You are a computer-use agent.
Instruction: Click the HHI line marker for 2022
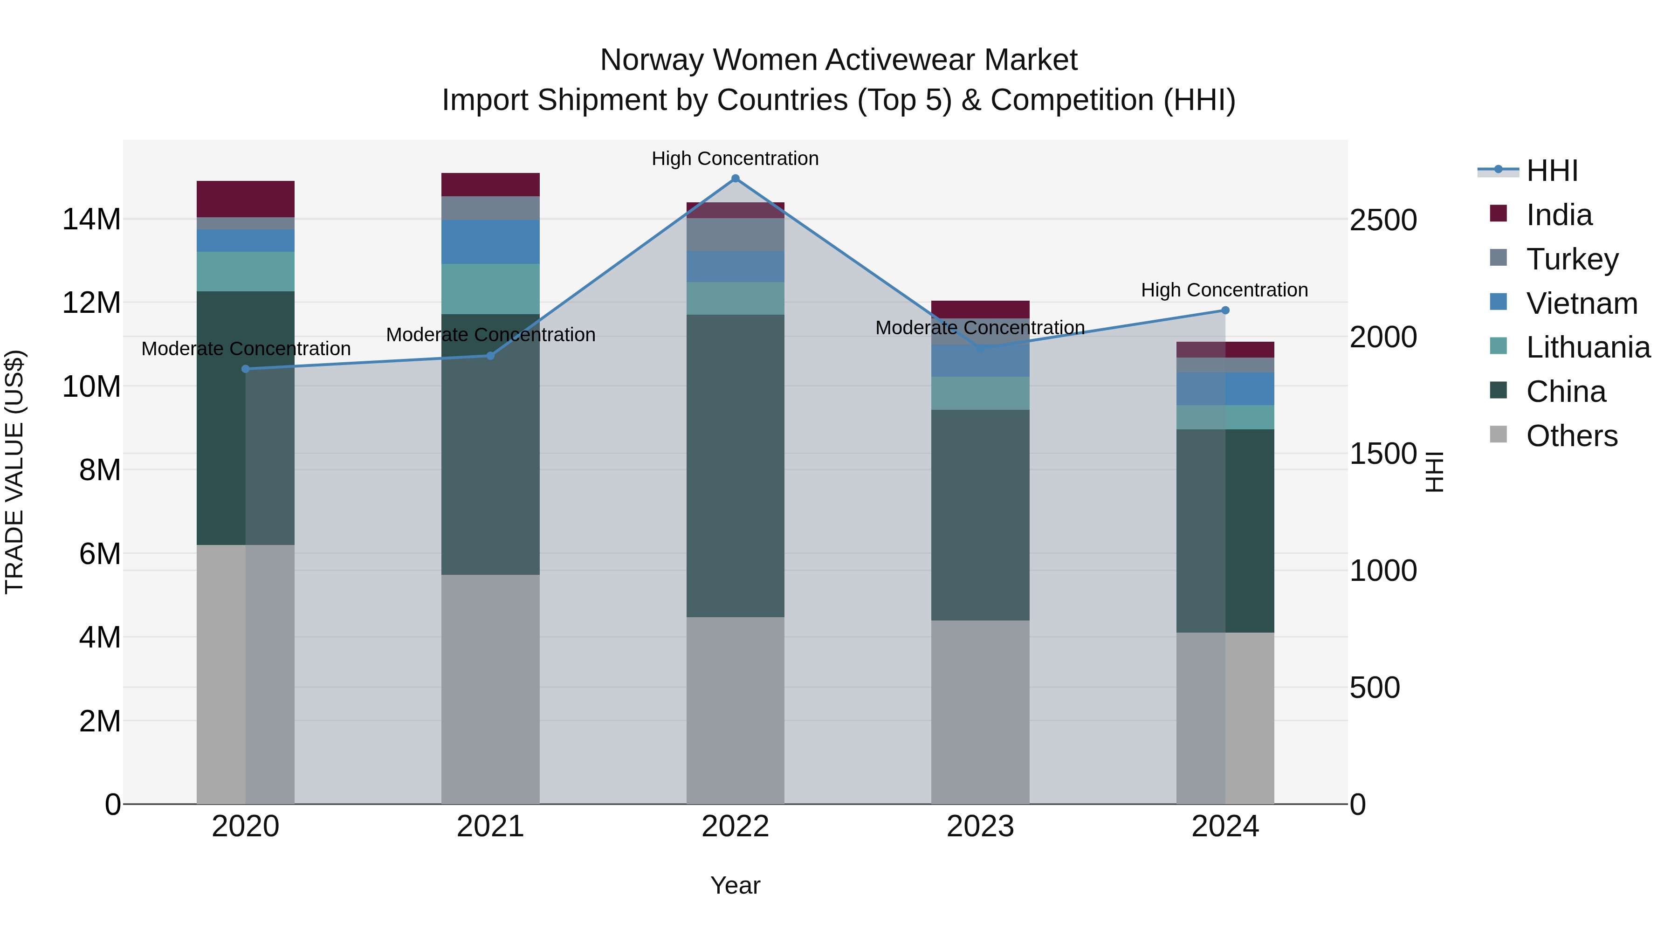coord(736,179)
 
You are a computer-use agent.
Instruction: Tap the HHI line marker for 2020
coord(246,369)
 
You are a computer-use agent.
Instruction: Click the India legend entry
coord(1559,215)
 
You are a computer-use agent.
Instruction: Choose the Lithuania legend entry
coord(1588,347)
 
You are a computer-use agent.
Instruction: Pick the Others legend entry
coord(1572,436)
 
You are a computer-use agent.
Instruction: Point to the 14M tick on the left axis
coord(91,219)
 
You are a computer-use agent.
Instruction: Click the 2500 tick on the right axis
coord(1383,220)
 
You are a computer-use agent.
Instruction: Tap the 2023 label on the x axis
coord(980,827)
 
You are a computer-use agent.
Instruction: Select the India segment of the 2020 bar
coord(246,199)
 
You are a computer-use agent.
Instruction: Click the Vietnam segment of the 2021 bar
coord(490,241)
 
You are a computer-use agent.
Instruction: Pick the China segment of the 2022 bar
coord(736,466)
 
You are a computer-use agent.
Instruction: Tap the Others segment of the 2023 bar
coord(980,711)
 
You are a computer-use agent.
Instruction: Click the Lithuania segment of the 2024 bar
coord(1225,417)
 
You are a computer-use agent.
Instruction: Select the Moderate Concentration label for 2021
coord(490,334)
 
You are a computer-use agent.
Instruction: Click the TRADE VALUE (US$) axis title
coord(14,472)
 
